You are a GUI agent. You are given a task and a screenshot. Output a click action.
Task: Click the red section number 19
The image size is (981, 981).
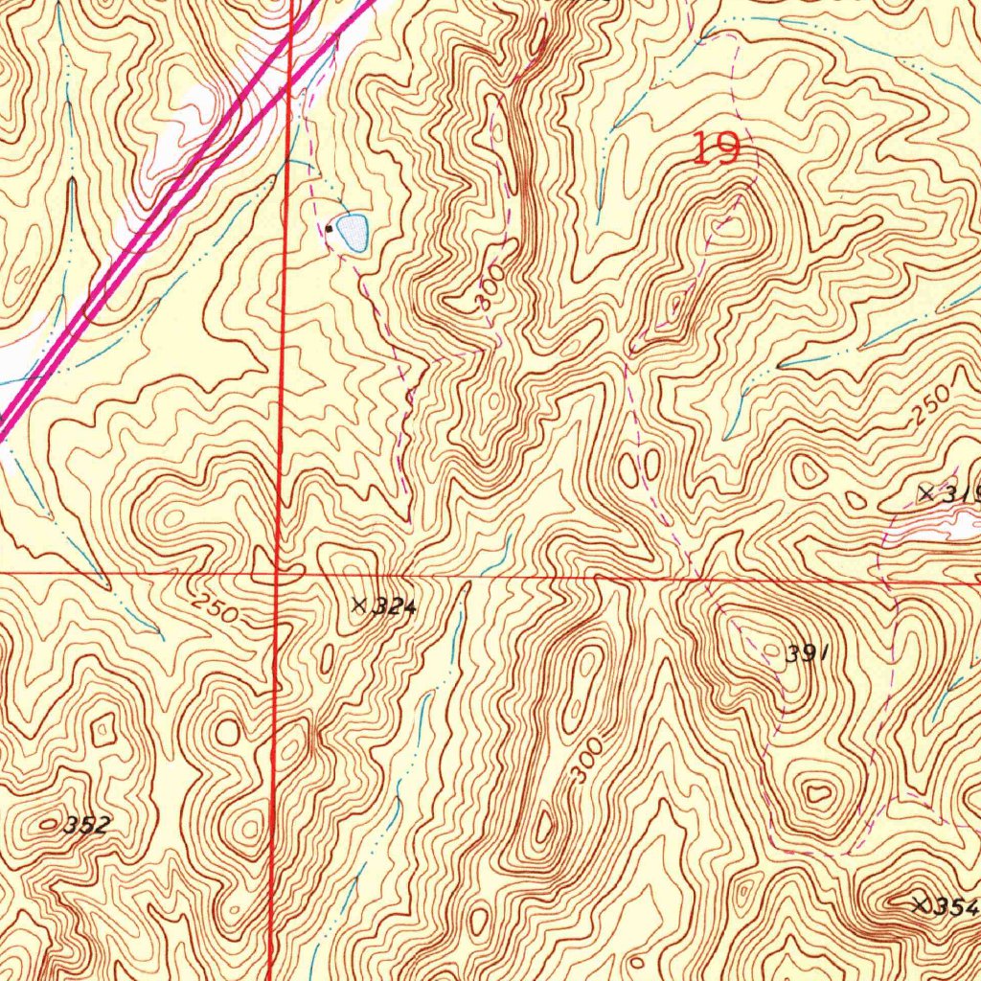click(716, 149)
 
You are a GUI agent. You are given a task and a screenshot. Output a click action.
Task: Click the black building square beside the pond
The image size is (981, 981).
click(330, 229)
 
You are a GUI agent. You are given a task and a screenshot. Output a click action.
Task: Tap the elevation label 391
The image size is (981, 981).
click(805, 654)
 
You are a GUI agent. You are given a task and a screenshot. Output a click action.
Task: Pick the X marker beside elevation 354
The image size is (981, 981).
click(921, 903)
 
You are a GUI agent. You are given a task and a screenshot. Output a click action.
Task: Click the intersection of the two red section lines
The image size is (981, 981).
click(277, 574)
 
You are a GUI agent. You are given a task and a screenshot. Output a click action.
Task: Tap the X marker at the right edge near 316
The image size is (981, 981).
click(925, 493)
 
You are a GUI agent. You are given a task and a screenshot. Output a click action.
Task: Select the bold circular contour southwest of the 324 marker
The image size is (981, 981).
click(228, 733)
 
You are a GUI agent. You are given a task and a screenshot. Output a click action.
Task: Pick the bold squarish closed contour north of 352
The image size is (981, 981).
click(101, 733)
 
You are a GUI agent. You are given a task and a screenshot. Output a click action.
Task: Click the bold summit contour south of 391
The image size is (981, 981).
click(818, 793)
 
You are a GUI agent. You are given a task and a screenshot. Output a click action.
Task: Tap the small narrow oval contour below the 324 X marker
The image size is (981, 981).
click(327, 659)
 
